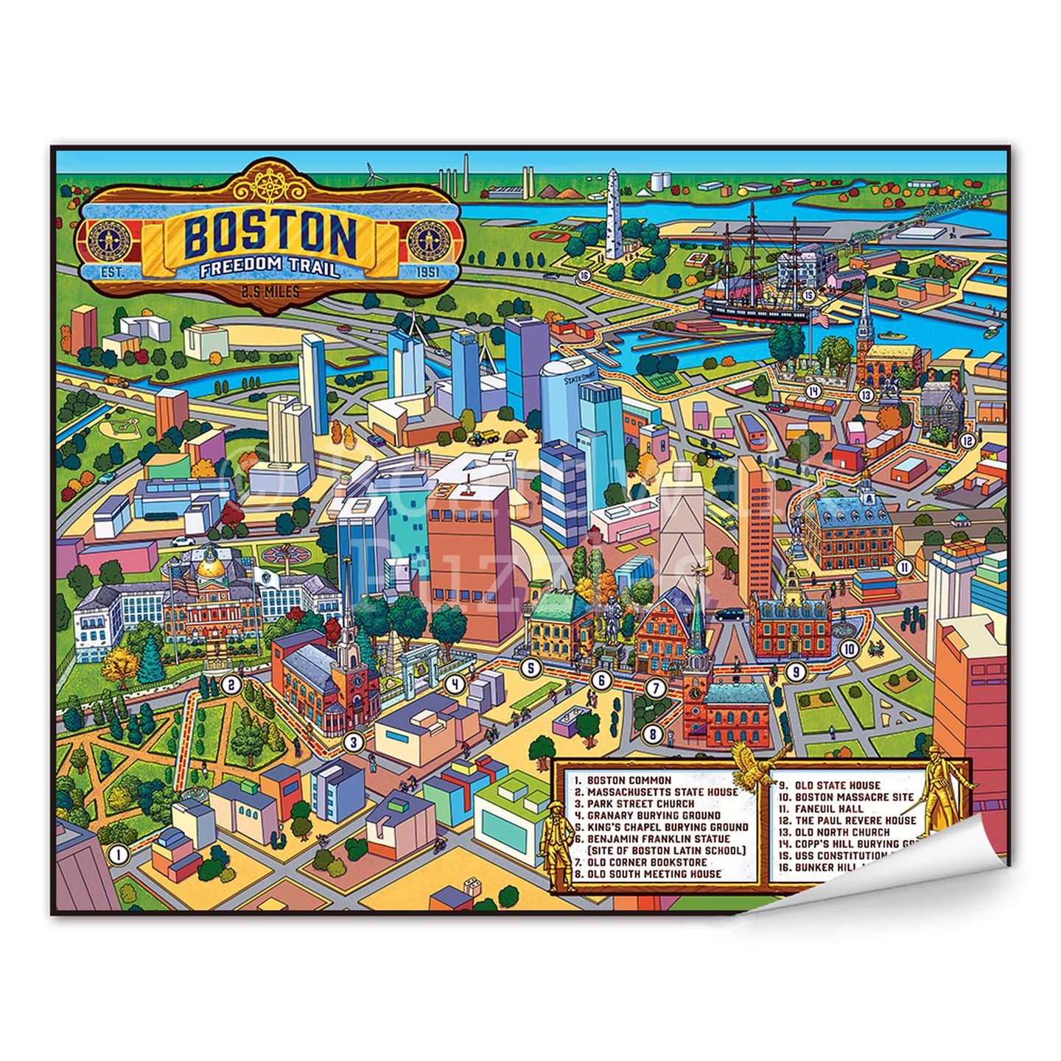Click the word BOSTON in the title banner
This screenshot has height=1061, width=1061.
point(270,234)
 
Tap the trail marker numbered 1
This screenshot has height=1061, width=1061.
point(117,855)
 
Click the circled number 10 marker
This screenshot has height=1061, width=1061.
point(849,648)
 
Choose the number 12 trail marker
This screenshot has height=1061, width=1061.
point(967,441)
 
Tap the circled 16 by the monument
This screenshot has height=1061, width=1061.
point(584,276)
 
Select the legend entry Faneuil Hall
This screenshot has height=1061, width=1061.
point(817,808)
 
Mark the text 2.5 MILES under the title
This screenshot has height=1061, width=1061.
point(270,293)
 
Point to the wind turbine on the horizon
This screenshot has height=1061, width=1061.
point(371,175)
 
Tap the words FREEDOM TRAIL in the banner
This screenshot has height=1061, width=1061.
point(270,267)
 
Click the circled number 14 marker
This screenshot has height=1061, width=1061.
point(813,391)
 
